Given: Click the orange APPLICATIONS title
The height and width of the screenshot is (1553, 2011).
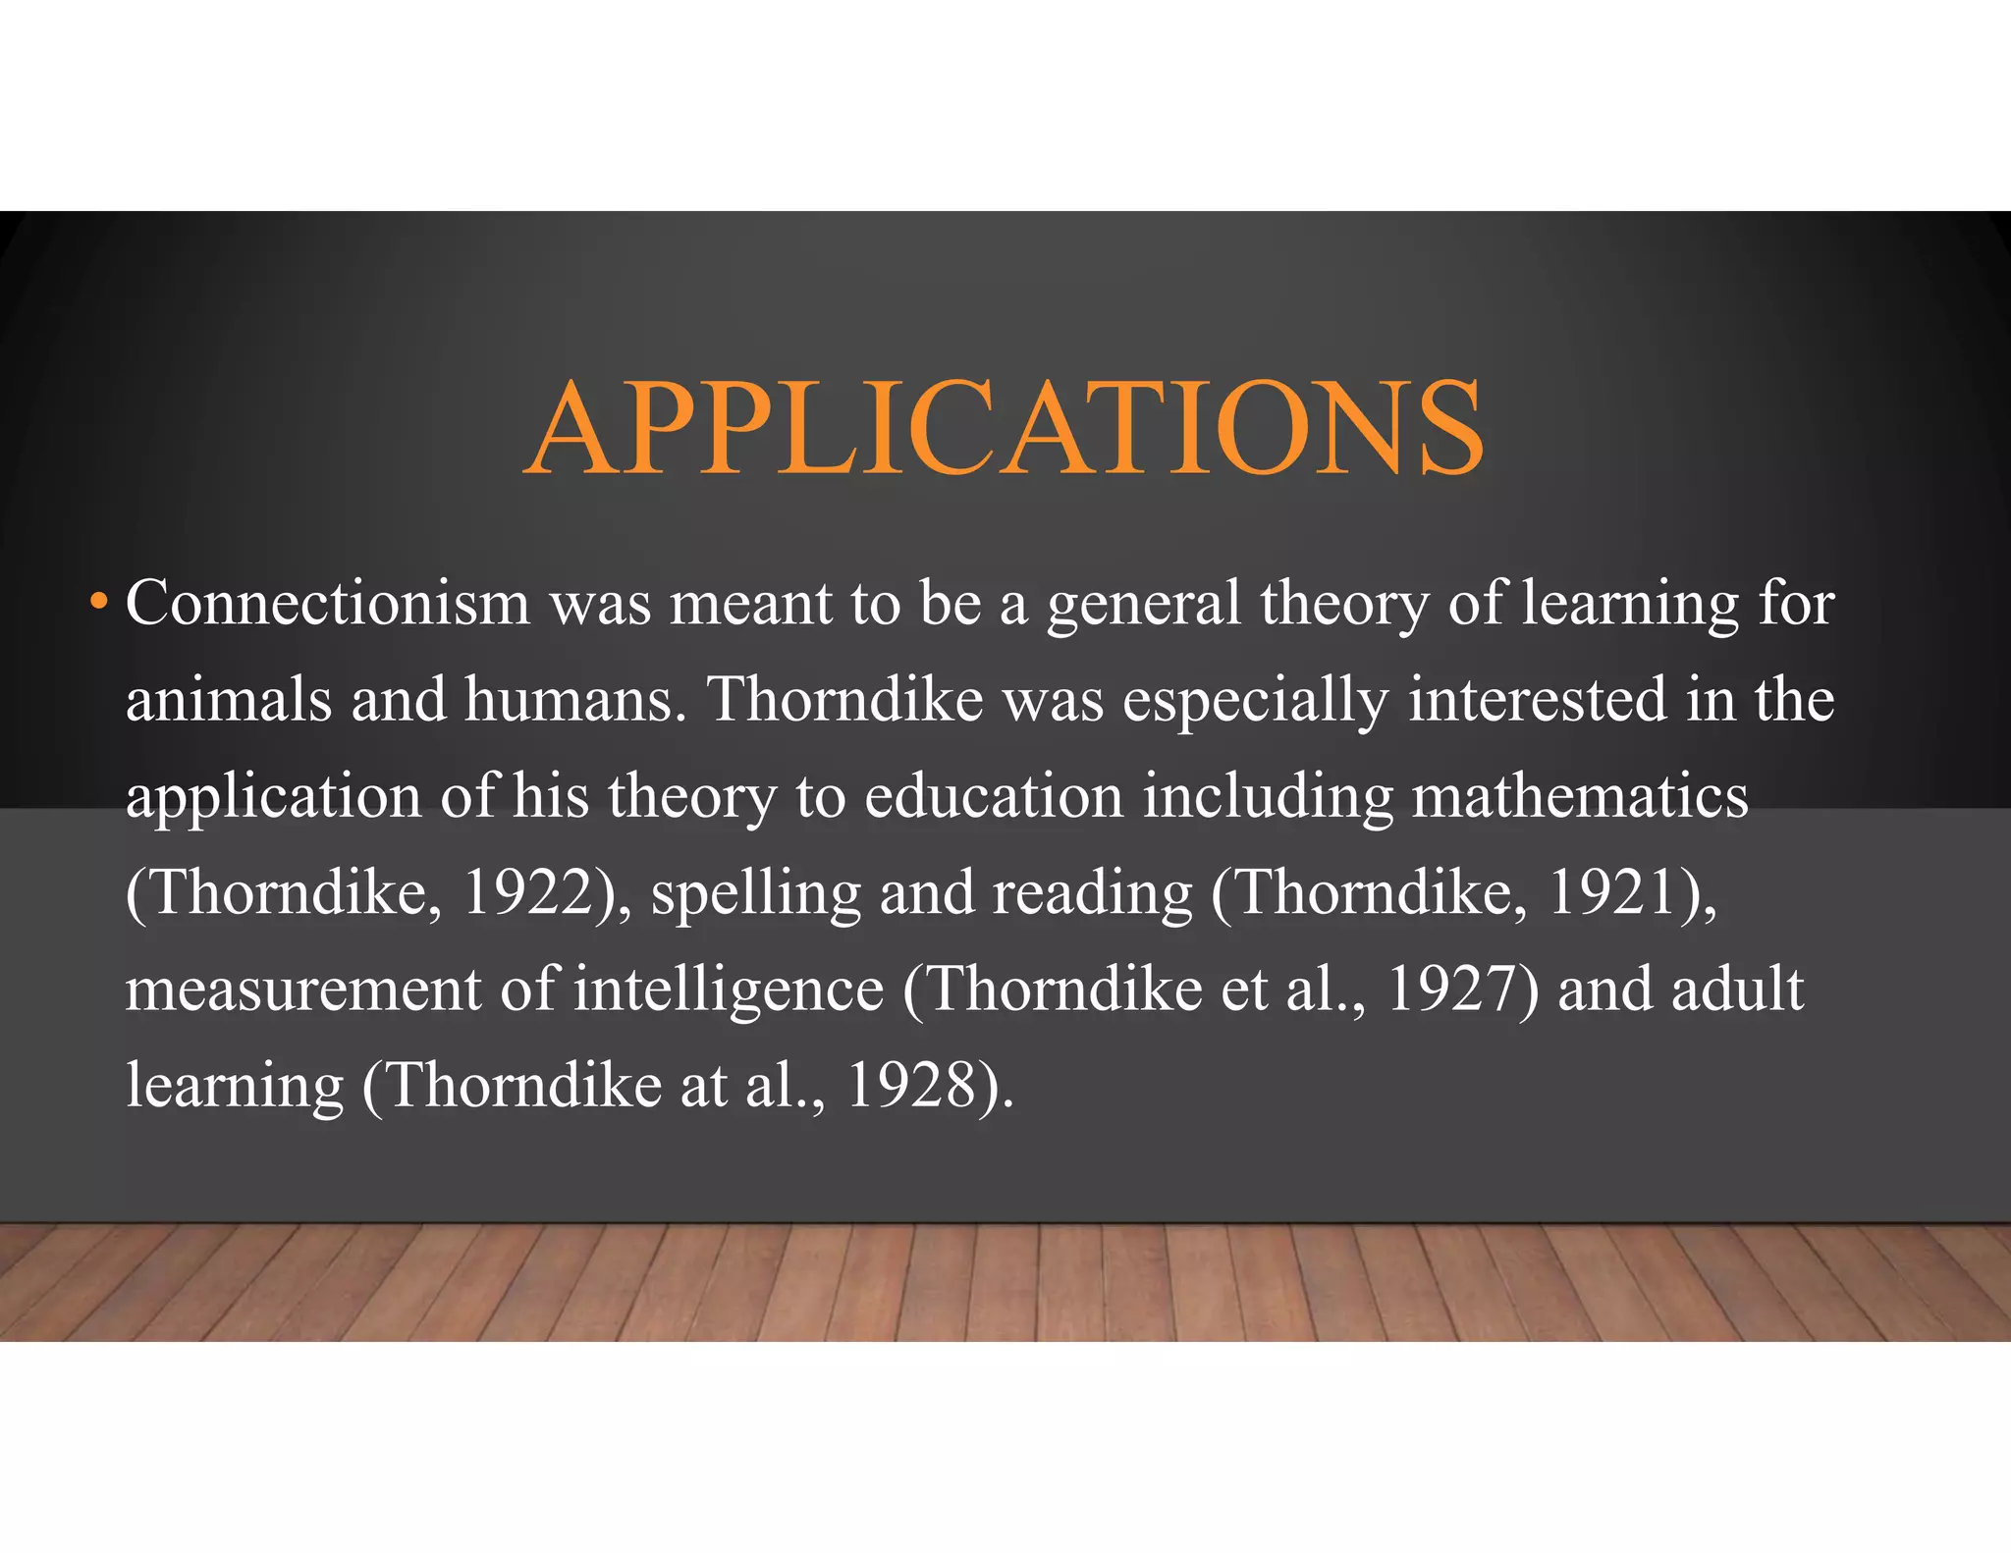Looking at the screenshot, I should (x=1004, y=428).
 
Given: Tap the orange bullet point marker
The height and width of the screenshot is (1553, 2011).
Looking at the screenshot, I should (x=97, y=600).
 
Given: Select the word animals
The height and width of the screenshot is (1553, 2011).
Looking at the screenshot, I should (x=229, y=699).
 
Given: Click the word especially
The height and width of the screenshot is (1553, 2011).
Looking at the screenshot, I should (x=1255, y=701).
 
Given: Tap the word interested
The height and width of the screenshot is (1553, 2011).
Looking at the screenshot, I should (x=1537, y=699).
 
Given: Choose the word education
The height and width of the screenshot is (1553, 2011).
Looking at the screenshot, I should (x=994, y=795).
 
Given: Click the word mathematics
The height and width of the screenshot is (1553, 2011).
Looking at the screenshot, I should (x=1580, y=795).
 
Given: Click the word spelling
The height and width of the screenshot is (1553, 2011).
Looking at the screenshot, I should (x=755, y=893).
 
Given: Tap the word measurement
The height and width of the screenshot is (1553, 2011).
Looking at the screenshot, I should (x=302, y=989).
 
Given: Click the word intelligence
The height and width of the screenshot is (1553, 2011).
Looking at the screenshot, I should (x=729, y=990).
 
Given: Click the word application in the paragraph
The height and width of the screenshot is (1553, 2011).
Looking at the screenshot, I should (x=273, y=797).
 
